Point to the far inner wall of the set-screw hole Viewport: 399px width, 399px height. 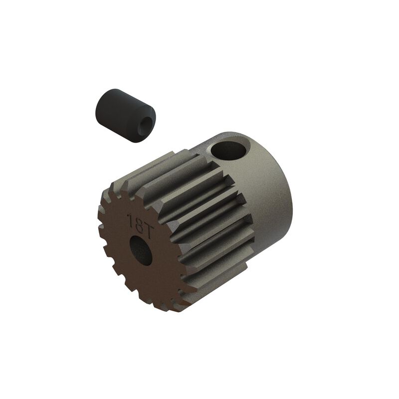coord(234,145)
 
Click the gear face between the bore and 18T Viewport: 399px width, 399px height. coord(139,234)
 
